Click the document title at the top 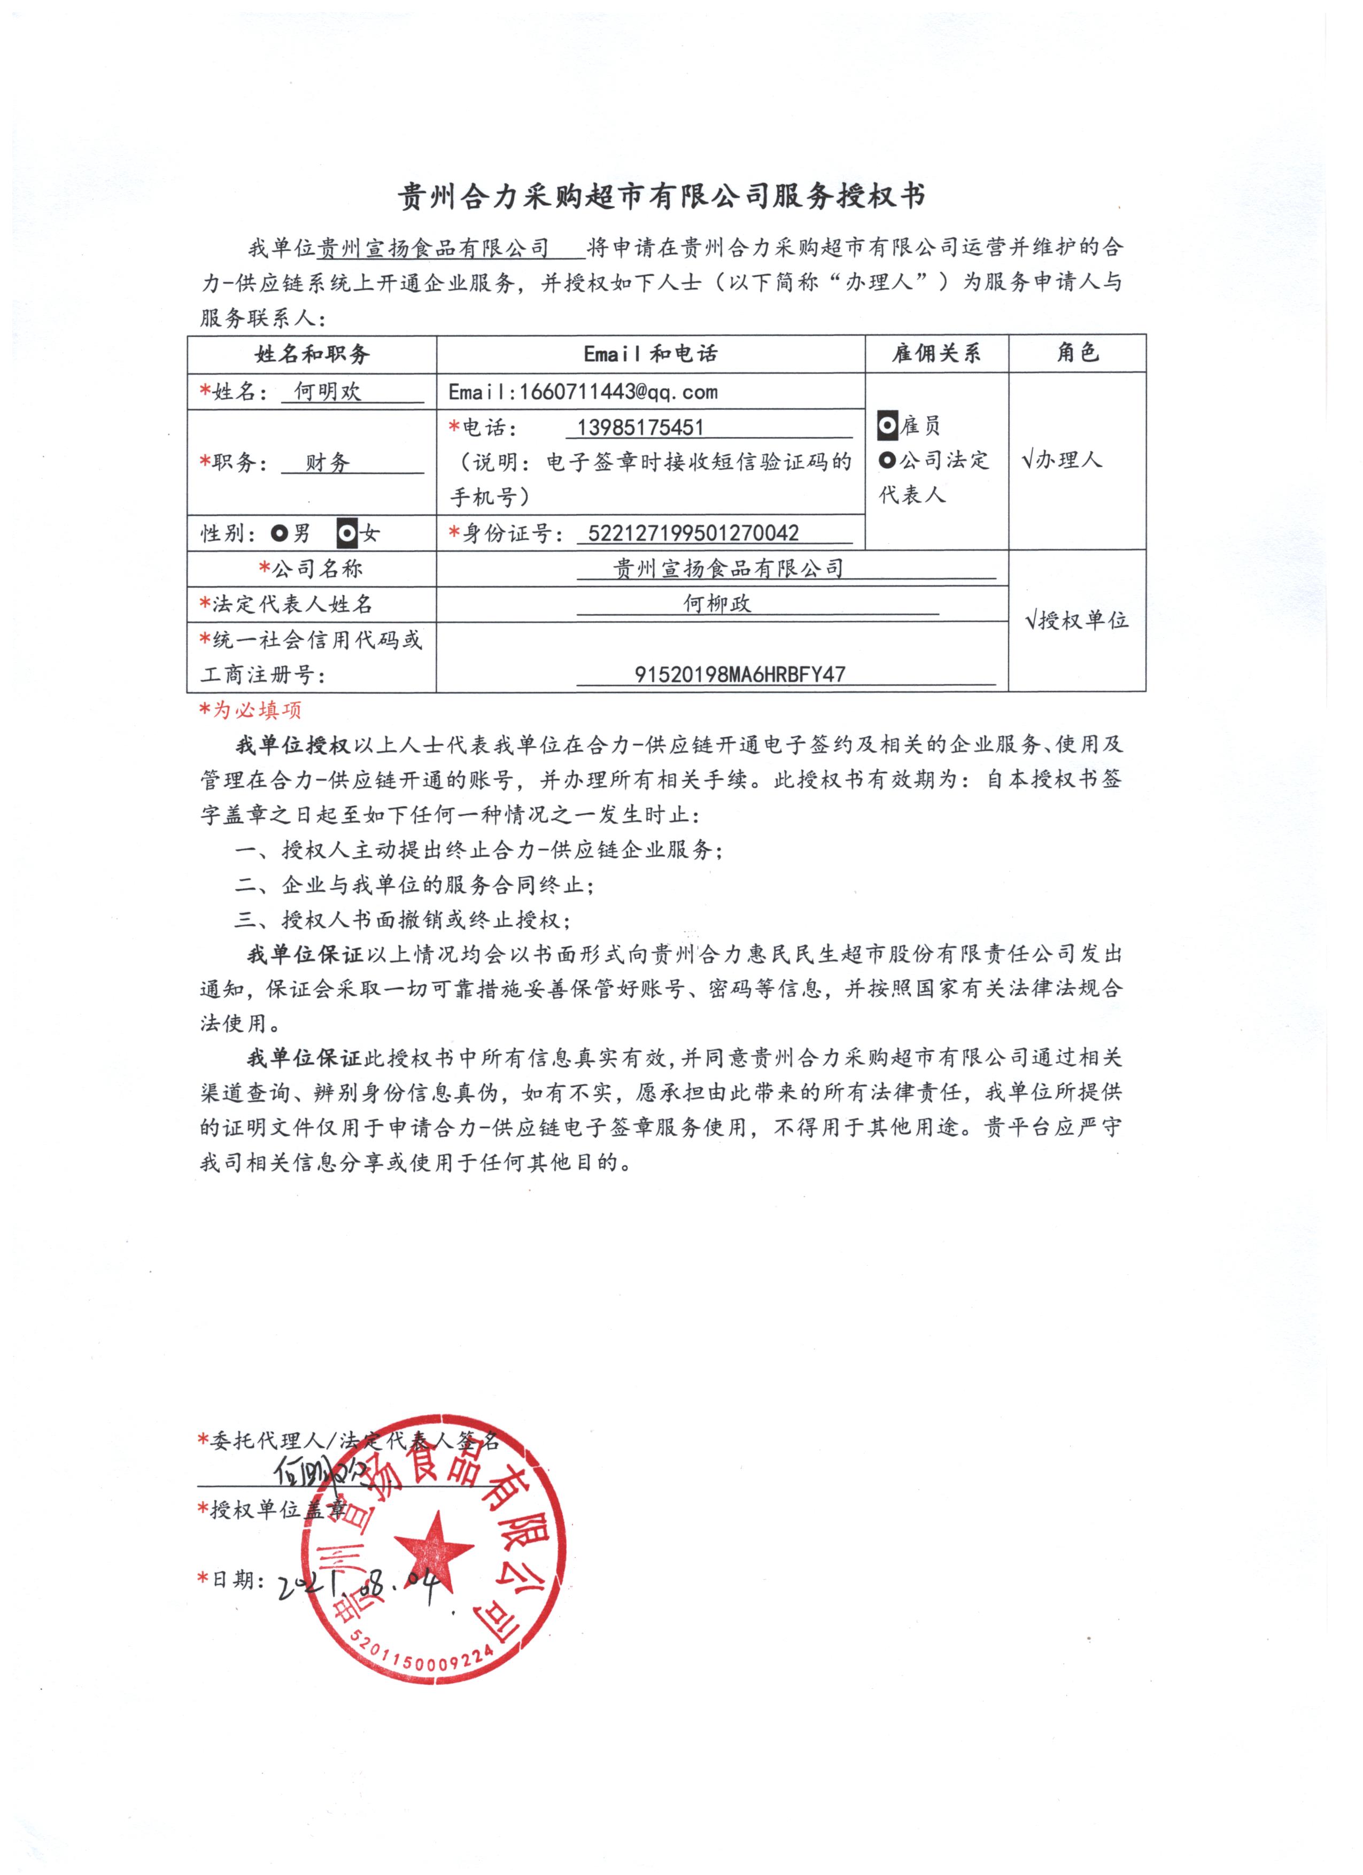click(x=661, y=196)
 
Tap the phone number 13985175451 click(x=640, y=428)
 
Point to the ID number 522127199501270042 click(x=693, y=533)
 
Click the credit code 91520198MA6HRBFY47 click(x=740, y=675)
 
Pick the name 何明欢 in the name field click(x=328, y=391)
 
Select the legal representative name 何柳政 click(x=717, y=605)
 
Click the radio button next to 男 click(x=280, y=534)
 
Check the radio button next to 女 click(x=347, y=534)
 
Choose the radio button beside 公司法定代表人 click(x=887, y=461)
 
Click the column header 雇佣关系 click(x=936, y=354)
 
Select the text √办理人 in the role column click(x=1062, y=461)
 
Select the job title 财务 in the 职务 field click(x=328, y=463)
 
